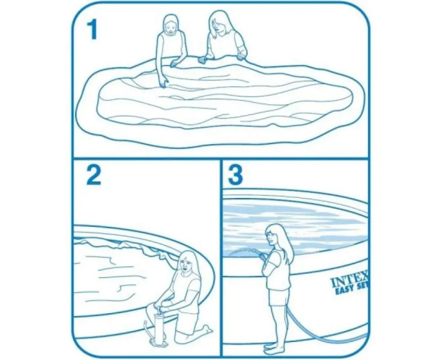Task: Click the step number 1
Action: coord(92,30)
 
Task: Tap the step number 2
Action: coord(94,174)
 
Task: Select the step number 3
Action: coord(236,174)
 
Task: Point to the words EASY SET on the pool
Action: coord(351,291)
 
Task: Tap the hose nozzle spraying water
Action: coord(257,251)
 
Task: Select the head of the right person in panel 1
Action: coord(220,23)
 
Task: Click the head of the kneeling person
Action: coord(187,262)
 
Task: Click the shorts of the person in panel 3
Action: coord(278,297)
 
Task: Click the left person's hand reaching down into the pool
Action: coord(163,82)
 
